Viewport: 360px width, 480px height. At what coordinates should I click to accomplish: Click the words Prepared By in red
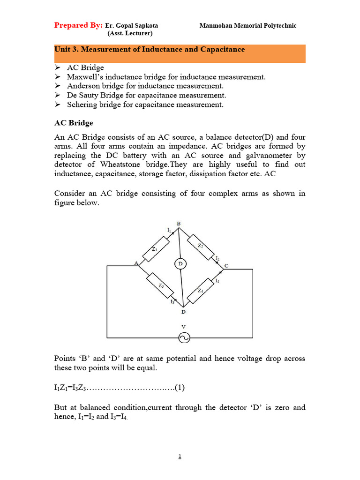(78, 25)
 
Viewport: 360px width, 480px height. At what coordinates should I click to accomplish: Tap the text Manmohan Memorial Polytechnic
(247, 26)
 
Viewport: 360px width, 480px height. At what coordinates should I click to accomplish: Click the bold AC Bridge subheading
(74, 123)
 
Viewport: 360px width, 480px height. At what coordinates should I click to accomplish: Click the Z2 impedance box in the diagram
(202, 247)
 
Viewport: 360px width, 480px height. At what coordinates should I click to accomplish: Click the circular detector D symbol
(180, 264)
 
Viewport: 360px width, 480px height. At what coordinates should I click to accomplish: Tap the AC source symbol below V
(183, 337)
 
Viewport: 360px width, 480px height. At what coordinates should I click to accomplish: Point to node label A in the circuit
(136, 263)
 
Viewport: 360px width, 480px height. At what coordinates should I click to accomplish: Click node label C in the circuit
(226, 266)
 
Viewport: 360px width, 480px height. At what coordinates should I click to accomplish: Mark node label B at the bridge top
(178, 223)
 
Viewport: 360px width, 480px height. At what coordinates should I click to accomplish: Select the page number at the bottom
(180, 457)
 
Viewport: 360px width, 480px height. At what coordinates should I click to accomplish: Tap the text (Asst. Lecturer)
(130, 33)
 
